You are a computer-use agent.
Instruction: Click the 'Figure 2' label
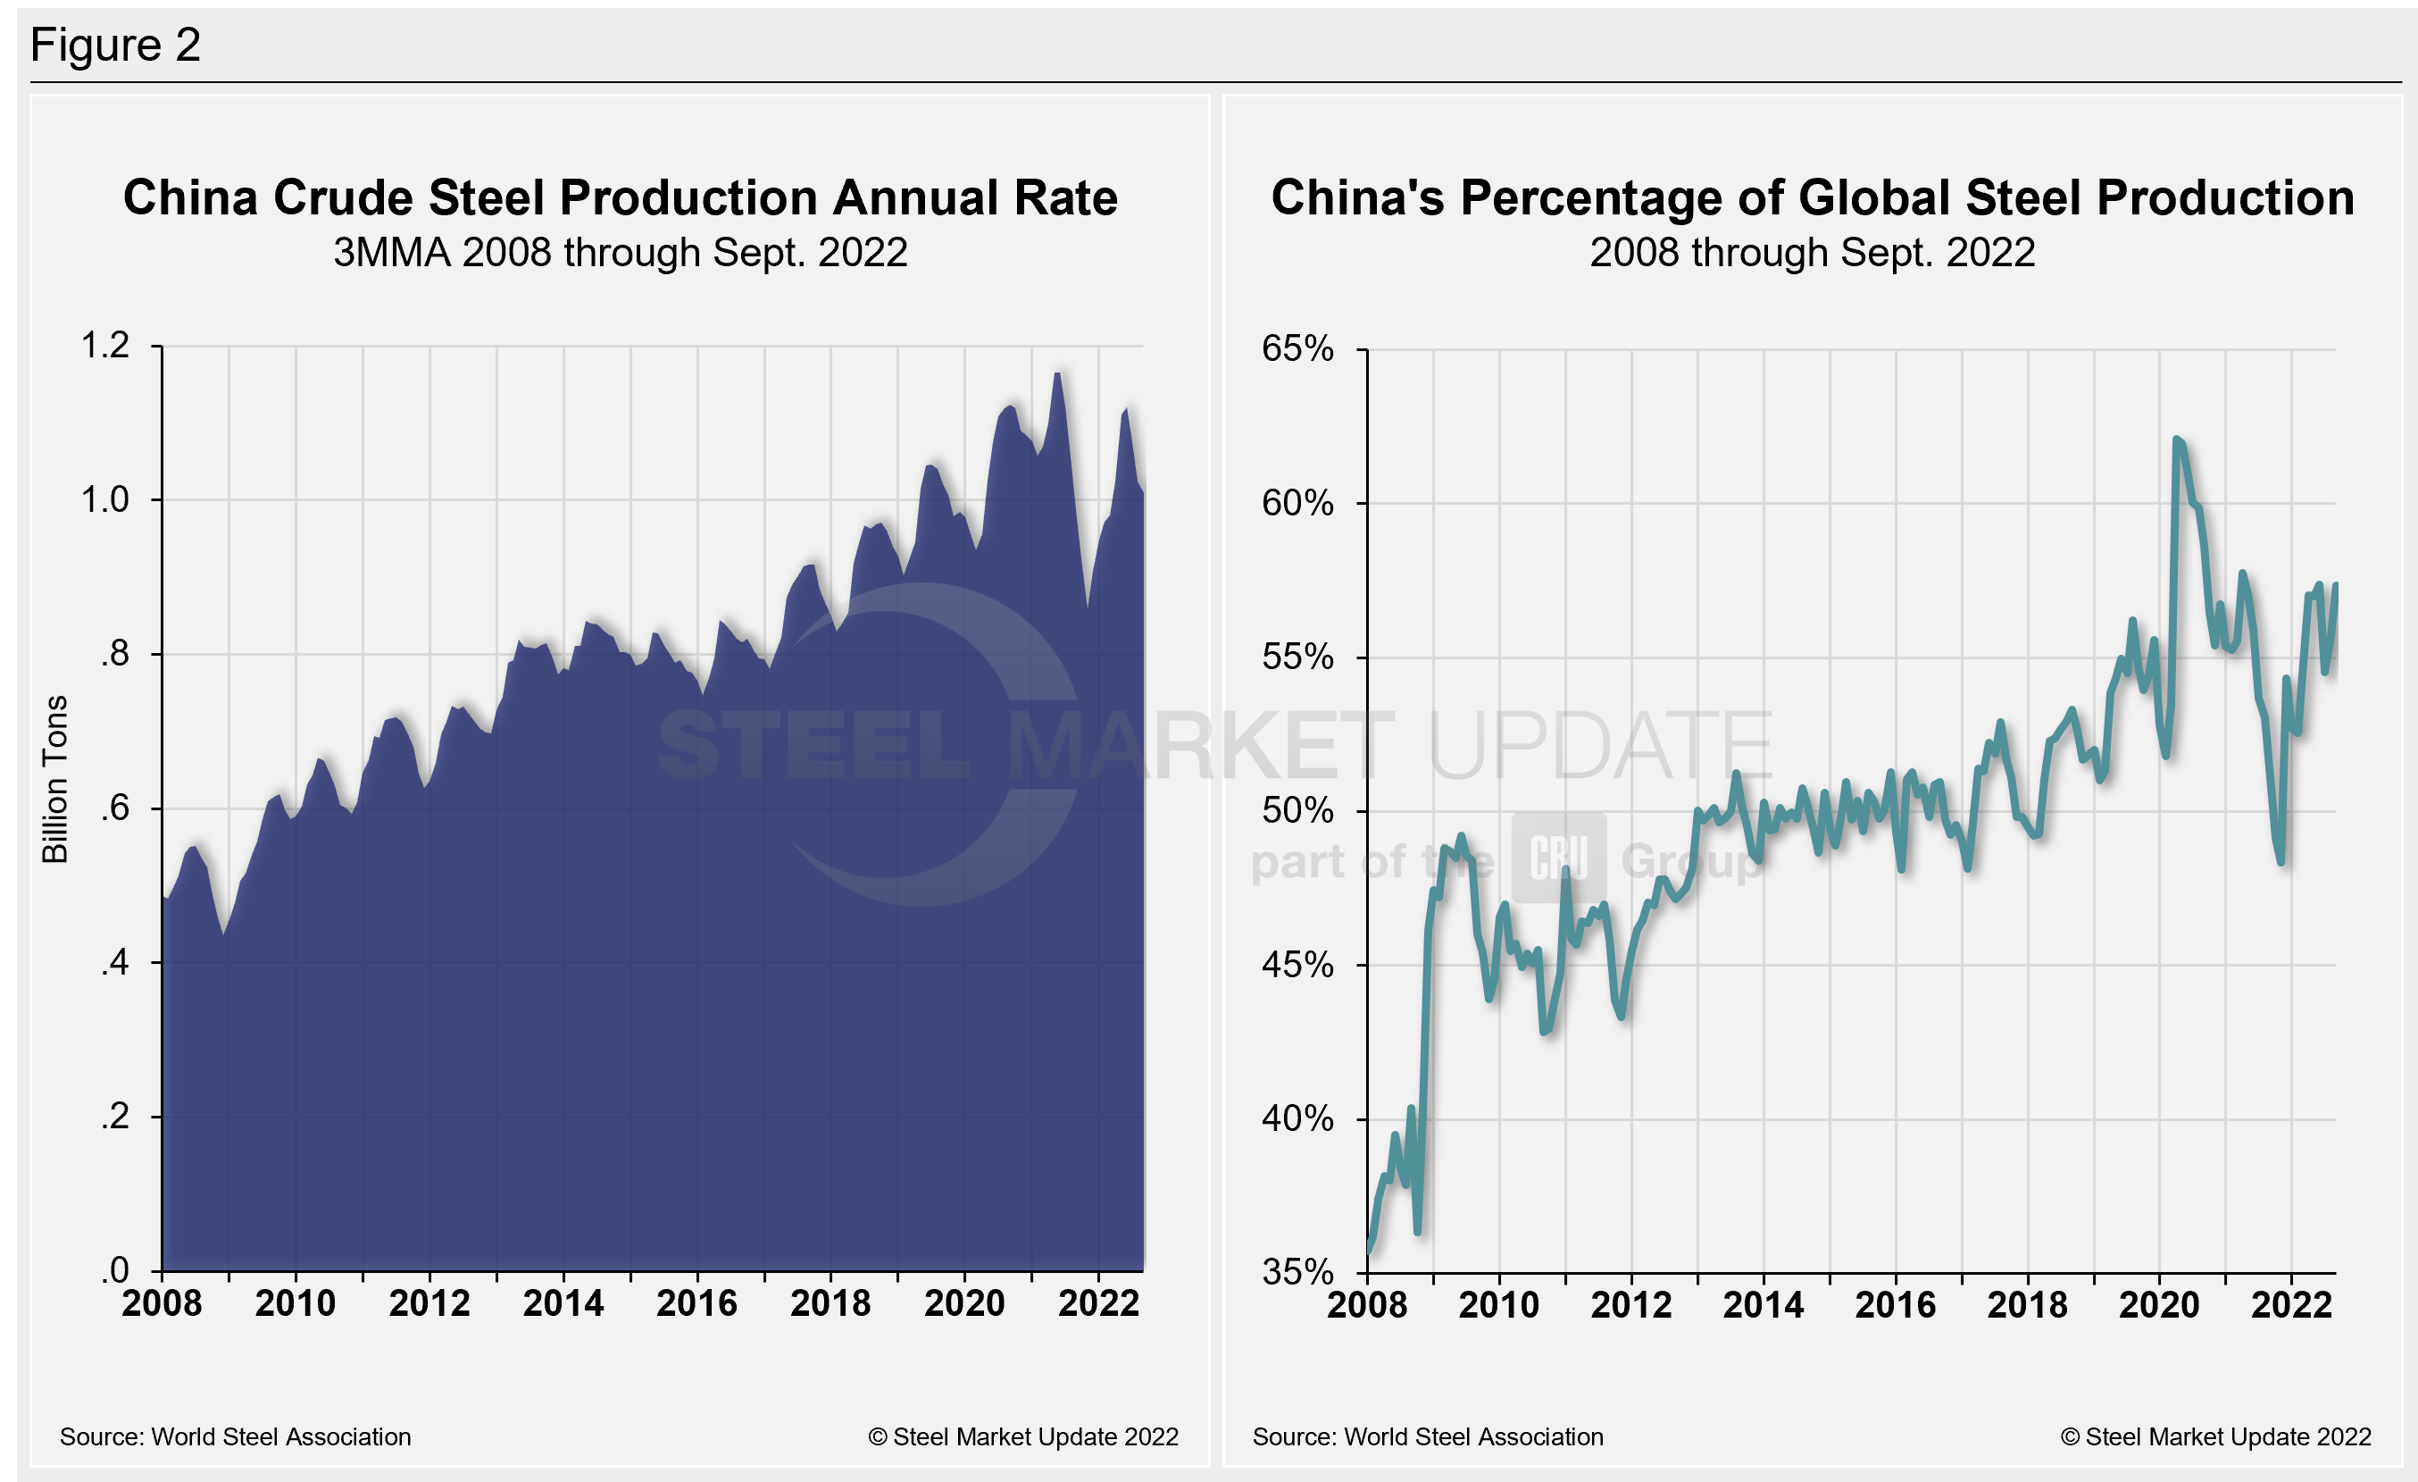(115, 46)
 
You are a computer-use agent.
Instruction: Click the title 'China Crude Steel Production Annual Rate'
(621, 197)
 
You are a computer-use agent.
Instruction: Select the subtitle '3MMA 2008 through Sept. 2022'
(621, 253)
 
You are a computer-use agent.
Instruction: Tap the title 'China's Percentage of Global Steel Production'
(1812, 197)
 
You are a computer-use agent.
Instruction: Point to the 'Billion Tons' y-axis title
(55, 779)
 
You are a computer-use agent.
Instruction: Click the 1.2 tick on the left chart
(105, 346)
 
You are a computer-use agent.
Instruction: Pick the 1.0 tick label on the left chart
(105, 499)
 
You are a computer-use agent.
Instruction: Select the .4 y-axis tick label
(115, 963)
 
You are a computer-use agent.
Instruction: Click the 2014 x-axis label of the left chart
(563, 1303)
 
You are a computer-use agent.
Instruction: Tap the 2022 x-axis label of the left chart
(1098, 1303)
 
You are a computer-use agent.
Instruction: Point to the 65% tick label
(1297, 348)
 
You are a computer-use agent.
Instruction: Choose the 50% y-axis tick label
(1297, 812)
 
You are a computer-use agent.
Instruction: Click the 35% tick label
(1297, 1273)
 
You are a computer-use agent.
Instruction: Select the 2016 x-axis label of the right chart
(1895, 1305)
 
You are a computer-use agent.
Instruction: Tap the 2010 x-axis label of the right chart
(1498, 1305)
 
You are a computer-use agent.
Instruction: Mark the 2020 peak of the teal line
(2177, 440)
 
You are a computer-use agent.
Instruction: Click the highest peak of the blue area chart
(1057, 374)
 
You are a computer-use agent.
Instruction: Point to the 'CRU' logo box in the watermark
(1558, 858)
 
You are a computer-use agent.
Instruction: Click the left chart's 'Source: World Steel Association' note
(236, 1436)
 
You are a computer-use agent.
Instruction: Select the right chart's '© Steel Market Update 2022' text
(2215, 1436)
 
